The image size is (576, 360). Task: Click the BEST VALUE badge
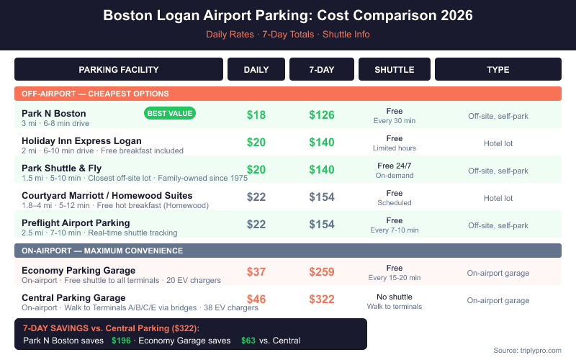170,113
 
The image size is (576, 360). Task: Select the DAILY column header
256,70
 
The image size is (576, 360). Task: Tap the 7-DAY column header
321,70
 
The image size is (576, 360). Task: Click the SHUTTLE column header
394,70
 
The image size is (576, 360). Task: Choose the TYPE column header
498,70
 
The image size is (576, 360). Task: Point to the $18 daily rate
256,114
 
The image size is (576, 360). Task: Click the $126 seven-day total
322,114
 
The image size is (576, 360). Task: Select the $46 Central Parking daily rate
256,299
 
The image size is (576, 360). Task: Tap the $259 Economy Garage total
322,271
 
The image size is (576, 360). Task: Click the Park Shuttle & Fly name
63,168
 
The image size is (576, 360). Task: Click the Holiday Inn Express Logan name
81,140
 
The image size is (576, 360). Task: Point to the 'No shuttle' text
394,297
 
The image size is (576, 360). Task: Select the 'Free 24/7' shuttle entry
394,166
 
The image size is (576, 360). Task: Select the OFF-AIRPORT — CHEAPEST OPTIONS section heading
95,94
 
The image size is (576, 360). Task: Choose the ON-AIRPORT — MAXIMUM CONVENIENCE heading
102,251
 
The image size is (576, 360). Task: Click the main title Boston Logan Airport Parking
288,15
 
